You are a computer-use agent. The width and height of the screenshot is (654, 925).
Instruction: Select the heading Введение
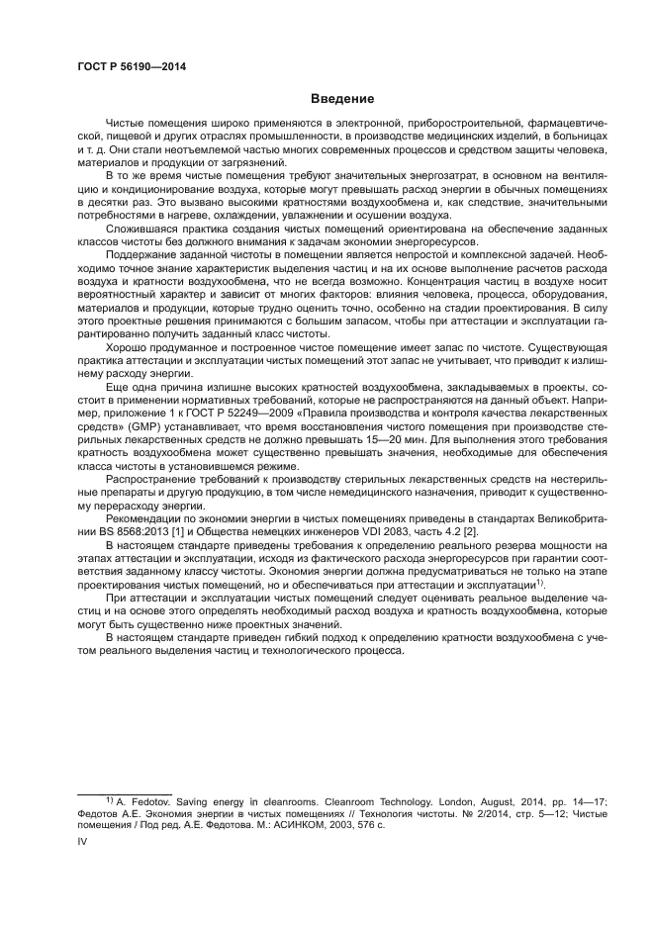coord(341,99)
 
